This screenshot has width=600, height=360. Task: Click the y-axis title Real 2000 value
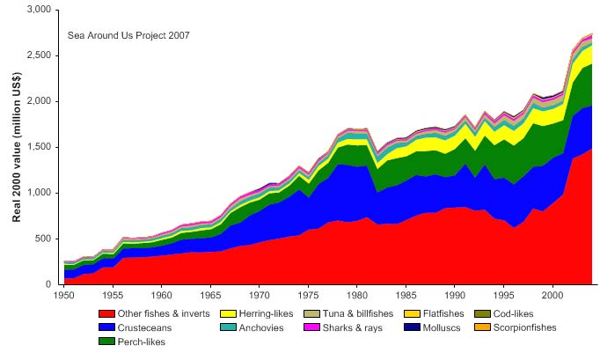pos(17,147)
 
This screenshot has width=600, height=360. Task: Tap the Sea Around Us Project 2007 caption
pos(128,36)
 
